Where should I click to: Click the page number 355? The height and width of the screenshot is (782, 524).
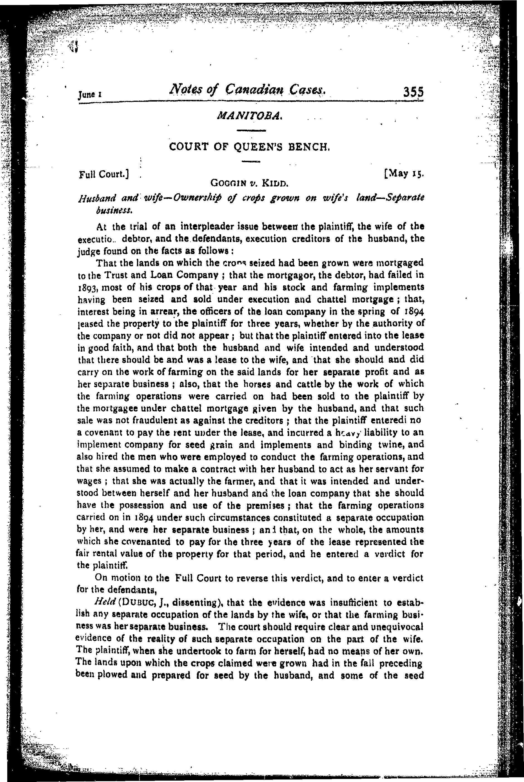(413, 92)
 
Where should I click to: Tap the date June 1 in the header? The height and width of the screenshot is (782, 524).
(90, 95)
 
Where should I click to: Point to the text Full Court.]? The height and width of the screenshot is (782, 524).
(104, 174)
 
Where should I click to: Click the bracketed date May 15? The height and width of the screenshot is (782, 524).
(404, 174)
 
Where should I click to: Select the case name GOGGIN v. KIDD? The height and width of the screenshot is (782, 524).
(249, 183)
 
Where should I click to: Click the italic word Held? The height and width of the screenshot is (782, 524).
(105, 603)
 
